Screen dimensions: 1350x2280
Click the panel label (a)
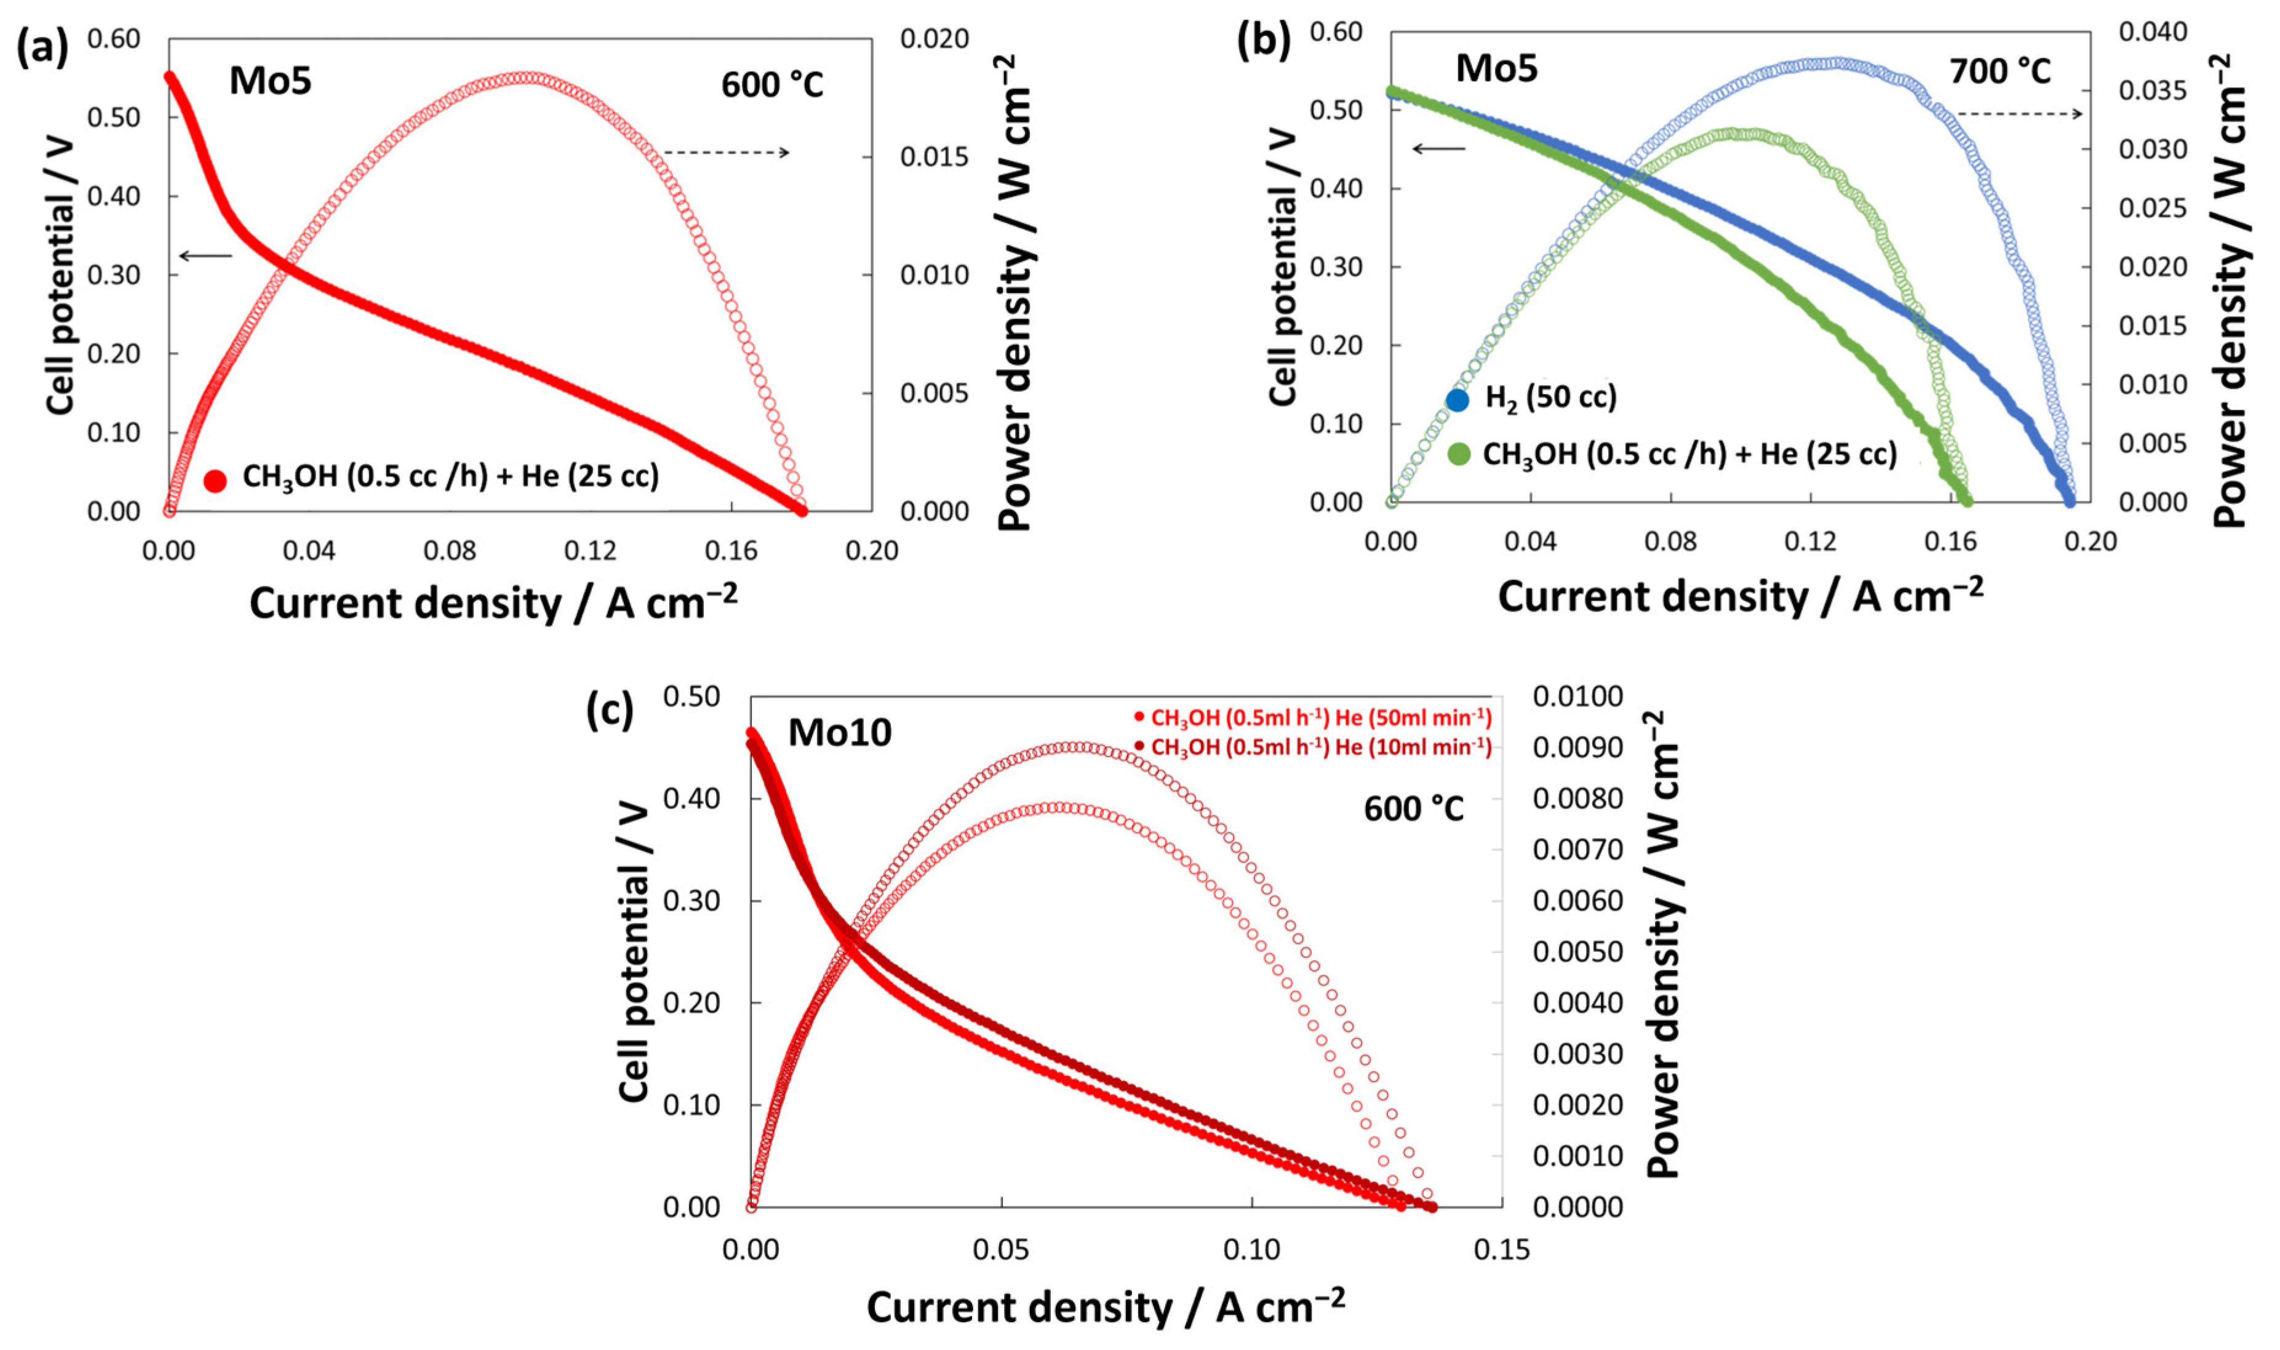click(x=42, y=47)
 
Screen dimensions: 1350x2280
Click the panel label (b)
click(x=1263, y=41)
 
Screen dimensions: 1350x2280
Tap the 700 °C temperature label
click(x=2000, y=71)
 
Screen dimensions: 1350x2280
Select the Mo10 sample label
click(x=839, y=732)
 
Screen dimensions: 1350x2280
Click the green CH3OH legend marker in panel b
click(x=1458, y=454)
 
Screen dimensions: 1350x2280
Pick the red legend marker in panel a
click(x=215, y=481)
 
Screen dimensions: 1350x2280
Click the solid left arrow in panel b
click(x=1439, y=148)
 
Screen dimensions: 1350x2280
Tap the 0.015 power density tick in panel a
click(x=934, y=156)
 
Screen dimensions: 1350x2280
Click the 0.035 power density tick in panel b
click(x=2152, y=90)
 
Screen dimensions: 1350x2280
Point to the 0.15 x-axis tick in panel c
click(x=1502, y=1250)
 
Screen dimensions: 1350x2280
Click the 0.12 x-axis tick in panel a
click(x=590, y=550)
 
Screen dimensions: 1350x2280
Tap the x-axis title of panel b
click(x=1740, y=597)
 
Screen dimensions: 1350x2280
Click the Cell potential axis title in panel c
click(x=634, y=951)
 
